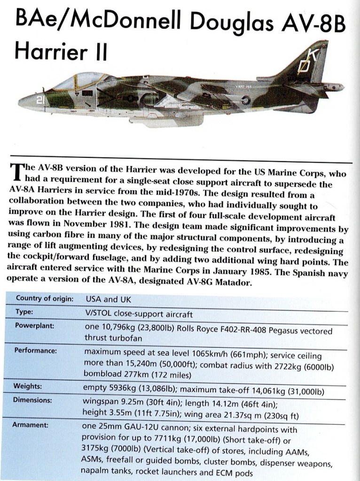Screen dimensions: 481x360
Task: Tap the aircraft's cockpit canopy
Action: coord(77,81)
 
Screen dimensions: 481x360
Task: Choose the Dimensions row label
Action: coord(33,401)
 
